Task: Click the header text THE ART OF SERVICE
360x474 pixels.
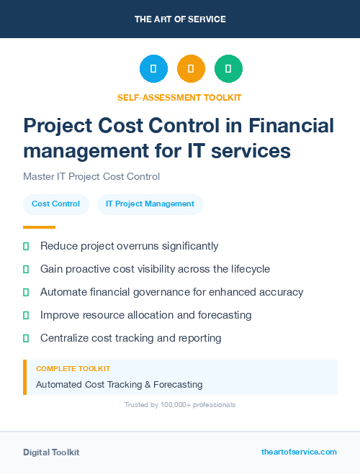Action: coord(180,19)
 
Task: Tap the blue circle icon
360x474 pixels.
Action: coord(153,68)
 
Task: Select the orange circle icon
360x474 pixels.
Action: coord(191,68)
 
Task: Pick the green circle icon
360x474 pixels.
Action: coord(228,68)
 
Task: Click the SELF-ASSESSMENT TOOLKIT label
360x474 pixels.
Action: coord(180,97)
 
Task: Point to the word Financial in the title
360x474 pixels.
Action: coord(292,126)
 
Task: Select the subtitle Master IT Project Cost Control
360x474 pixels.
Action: coord(91,176)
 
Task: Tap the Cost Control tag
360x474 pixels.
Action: coord(56,204)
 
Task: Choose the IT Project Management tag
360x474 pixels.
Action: coord(150,204)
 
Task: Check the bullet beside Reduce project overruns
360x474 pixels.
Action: coord(26,246)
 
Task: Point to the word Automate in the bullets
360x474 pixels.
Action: coord(63,292)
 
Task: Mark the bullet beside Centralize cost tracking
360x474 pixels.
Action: coord(26,338)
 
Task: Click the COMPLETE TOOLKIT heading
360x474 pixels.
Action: coord(73,369)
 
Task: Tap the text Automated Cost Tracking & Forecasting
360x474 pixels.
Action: coord(119,385)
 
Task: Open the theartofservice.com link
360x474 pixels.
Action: coord(299,452)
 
